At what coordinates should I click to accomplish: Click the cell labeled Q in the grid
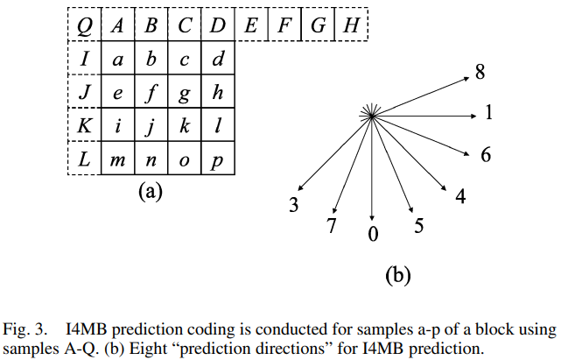click(x=84, y=25)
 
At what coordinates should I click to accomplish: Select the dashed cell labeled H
click(x=352, y=25)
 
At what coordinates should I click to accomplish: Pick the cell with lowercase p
click(x=218, y=159)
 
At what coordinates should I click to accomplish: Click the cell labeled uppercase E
click(x=251, y=25)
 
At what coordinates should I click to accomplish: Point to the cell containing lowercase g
click(x=185, y=92)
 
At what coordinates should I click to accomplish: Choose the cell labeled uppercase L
click(x=84, y=159)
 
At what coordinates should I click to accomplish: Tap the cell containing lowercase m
click(x=117, y=159)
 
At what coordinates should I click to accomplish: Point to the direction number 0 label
click(x=374, y=234)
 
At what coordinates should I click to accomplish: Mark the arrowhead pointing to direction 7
click(x=335, y=211)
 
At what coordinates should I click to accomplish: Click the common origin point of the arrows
click(x=373, y=115)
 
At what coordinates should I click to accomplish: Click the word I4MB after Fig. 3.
click(x=88, y=329)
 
